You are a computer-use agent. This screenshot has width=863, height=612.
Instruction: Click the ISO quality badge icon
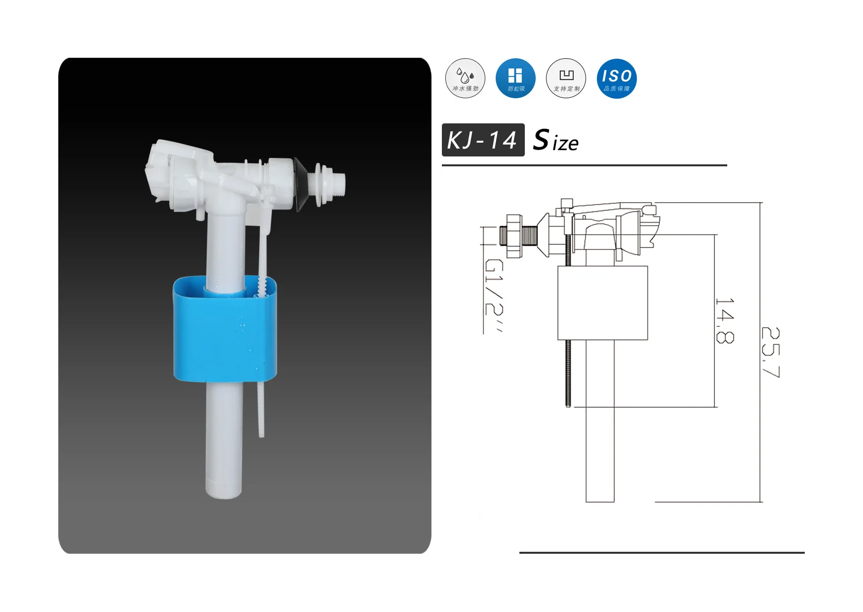[617, 78]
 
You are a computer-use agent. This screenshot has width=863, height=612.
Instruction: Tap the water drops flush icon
[465, 78]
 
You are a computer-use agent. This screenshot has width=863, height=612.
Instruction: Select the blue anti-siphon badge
[515, 78]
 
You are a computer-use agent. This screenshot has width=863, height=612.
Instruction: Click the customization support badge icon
[566, 78]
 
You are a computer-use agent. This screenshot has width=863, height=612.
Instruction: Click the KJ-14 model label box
[483, 140]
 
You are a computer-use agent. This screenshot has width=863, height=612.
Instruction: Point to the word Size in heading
[556, 141]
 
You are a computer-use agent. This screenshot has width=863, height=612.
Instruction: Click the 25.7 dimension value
[770, 352]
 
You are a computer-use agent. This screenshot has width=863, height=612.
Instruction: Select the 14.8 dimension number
[725, 320]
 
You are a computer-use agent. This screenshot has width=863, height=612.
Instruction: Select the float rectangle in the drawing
[602, 303]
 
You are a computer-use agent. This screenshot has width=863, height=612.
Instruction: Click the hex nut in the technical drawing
[514, 235]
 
